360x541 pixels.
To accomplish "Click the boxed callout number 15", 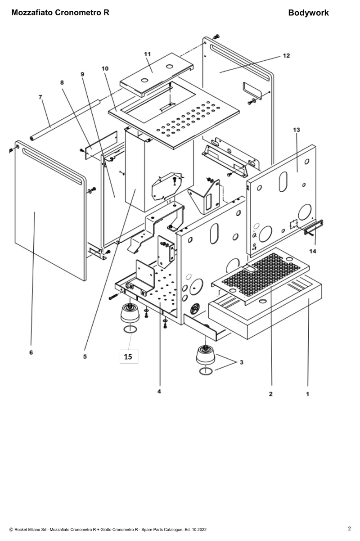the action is (x=128, y=356).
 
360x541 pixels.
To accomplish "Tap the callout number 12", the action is (x=286, y=55).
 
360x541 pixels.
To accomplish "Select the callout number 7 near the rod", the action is (x=40, y=97).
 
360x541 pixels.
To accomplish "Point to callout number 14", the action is (x=313, y=251).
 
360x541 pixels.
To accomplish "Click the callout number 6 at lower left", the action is (x=31, y=352).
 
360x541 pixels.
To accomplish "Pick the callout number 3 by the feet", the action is (x=242, y=362).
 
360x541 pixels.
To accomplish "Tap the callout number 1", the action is (x=308, y=394).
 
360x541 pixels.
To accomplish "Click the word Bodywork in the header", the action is (x=308, y=13).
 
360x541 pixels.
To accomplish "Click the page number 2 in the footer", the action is (x=349, y=528).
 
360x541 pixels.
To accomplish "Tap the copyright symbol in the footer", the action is (x=11, y=529).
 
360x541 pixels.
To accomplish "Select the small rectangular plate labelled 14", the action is (x=314, y=227).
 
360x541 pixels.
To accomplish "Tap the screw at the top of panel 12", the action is (x=216, y=36).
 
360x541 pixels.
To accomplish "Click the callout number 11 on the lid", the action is (x=147, y=54).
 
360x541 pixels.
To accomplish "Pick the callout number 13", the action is (x=297, y=130).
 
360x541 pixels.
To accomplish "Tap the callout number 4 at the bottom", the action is (x=159, y=391).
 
